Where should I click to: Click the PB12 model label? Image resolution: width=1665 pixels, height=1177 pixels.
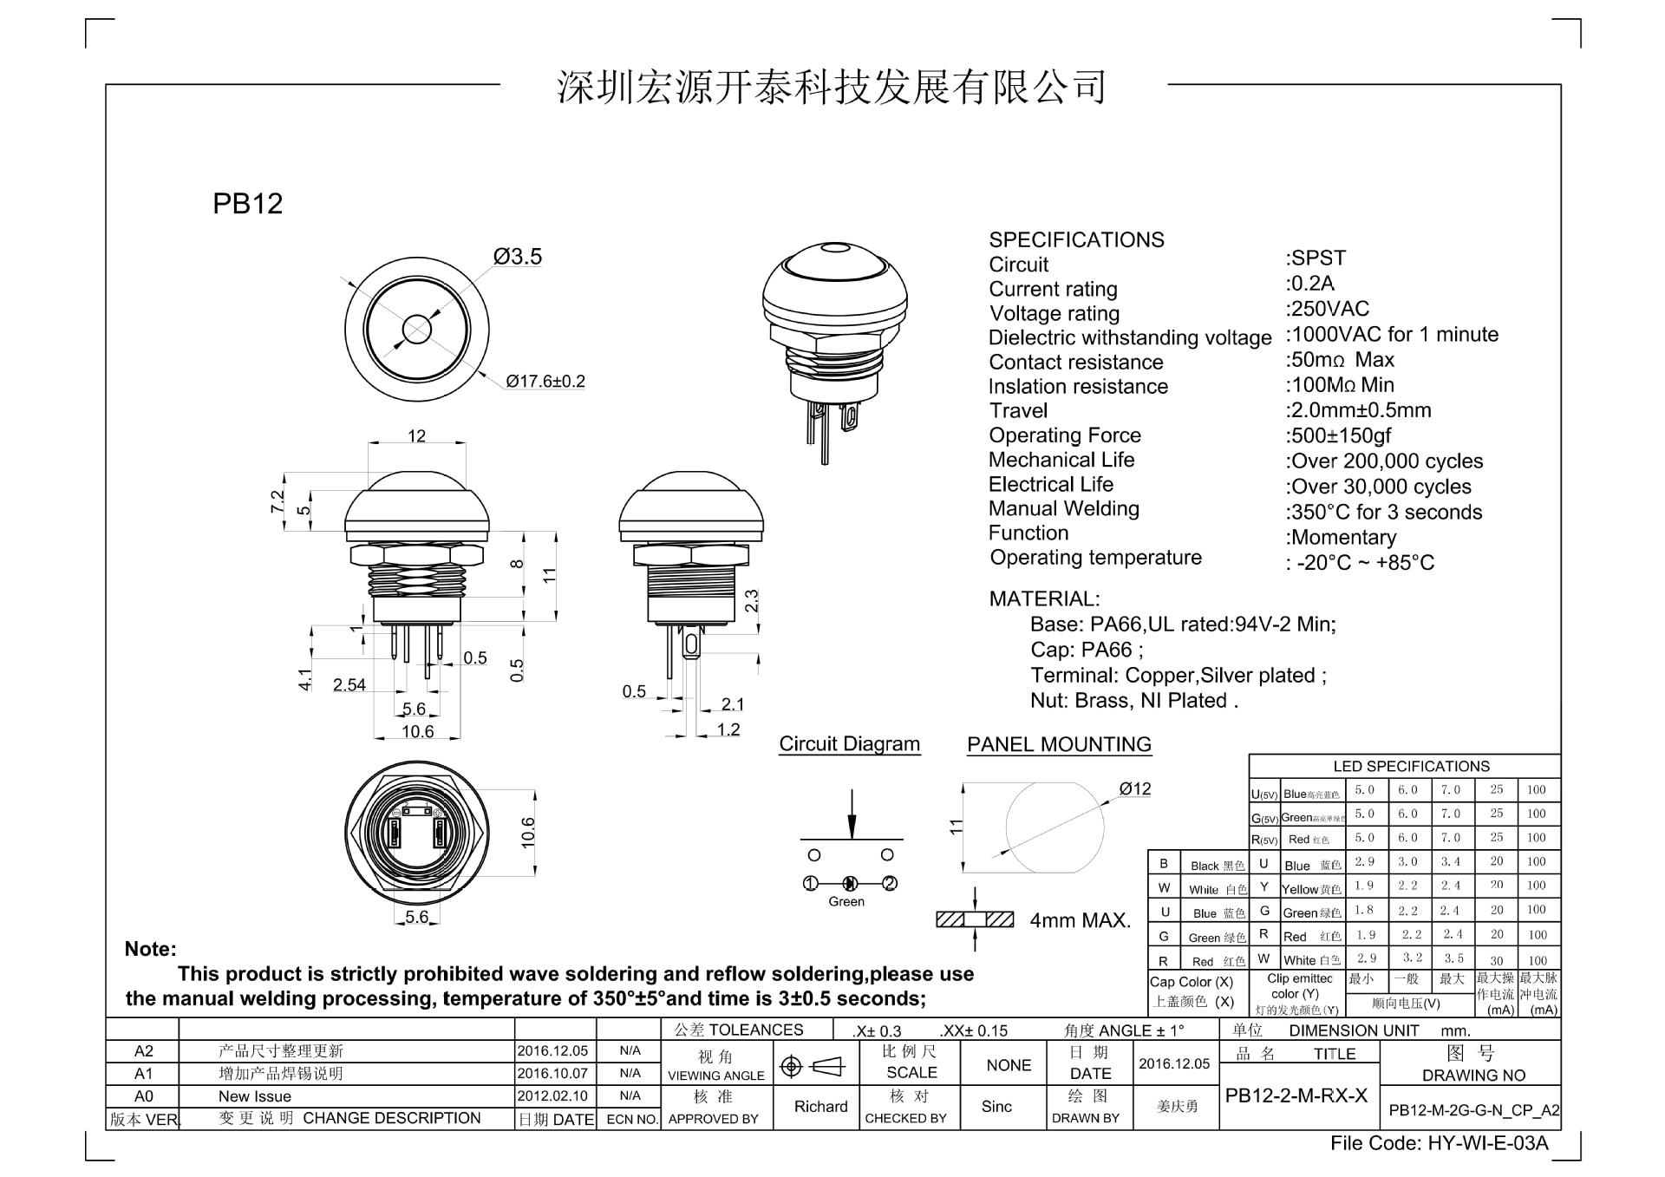pyautogui.click(x=247, y=204)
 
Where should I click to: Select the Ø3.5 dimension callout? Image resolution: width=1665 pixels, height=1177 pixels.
pyautogui.click(x=518, y=257)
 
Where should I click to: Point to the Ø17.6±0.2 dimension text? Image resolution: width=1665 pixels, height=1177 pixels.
pyautogui.click(x=545, y=382)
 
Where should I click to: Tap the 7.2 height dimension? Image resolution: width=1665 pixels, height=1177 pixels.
pyautogui.click(x=277, y=501)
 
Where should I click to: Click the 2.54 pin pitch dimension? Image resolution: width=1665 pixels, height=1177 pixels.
pyautogui.click(x=349, y=685)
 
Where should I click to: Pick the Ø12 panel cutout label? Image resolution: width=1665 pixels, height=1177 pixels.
pyautogui.click(x=1134, y=789)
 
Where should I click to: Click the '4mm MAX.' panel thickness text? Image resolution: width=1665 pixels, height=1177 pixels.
pyautogui.click(x=1081, y=920)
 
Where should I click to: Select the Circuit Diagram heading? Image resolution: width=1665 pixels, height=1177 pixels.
pyautogui.click(x=849, y=744)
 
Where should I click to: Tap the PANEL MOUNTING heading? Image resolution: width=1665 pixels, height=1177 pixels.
pyautogui.click(x=1059, y=745)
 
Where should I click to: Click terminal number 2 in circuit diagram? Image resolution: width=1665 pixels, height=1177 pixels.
pyautogui.click(x=889, y=884)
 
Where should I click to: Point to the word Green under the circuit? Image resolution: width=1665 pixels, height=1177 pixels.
pyautogui.click(x=846, y=902)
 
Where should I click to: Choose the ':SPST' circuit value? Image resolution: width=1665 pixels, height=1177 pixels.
pyautogui.click(x=1316, y=258)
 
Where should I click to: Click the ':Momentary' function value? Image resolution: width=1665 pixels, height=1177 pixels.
pyautogui.click(x=1341, y=538)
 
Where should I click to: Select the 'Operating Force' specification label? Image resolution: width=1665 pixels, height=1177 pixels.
pyautogui.click(x=1064, y=435)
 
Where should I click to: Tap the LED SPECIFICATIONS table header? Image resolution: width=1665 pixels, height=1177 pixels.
pyautogui.click(x=1411, y=767)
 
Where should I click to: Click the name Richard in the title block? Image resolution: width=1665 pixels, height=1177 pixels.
pyautogui.click(x=820, y=1107)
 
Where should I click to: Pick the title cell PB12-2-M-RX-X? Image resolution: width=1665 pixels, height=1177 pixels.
pyautogui.click(x=1296, y=1095)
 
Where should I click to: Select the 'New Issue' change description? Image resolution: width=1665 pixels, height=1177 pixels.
pyautogui.click(x=254, y=1096)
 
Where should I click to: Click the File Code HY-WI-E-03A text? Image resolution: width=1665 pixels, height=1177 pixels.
pyautogui.click(x=1439, y=1144)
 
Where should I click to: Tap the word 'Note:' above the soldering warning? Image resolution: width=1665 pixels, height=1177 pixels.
pyautogui.click(x=150, y=949)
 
